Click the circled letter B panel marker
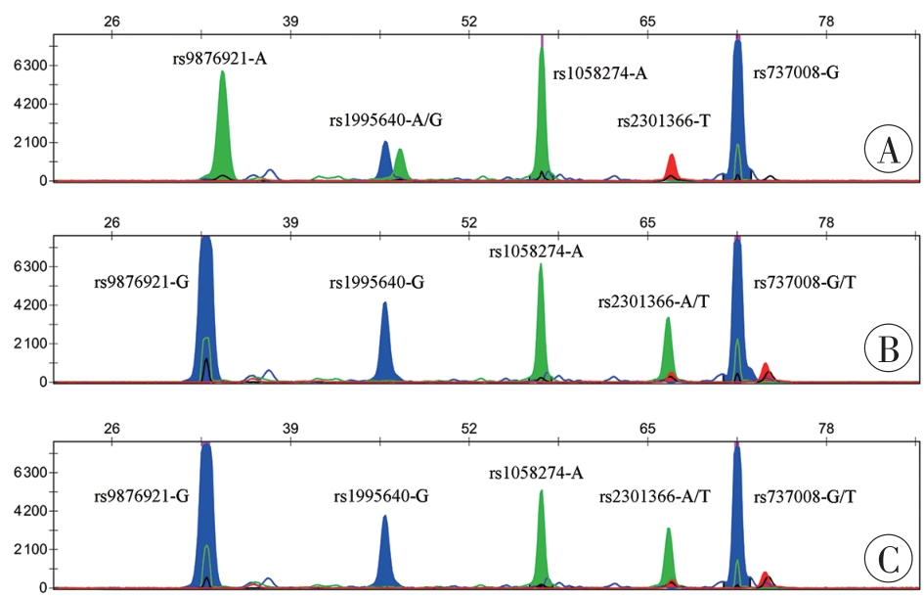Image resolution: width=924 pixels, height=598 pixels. pyautogui.click(x=888, y=349)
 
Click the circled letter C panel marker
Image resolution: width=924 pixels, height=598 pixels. pyautogui.click(x=888, y=559)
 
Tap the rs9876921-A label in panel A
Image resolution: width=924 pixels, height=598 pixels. pyautogui.click(x=219, y=59)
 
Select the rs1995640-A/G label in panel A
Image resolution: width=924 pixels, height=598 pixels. pyautogui.click(x=386, y=121)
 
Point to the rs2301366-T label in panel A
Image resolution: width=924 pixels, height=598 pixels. pyautogui.click(x=663, y=121)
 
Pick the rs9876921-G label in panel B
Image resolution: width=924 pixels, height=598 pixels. pyautogui.click(x=141, y=283)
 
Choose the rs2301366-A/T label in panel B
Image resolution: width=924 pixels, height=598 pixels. pyautogui.click(x=654, y=300)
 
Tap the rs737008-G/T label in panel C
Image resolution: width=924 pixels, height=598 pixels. pyautogui.click(x=806, y=497)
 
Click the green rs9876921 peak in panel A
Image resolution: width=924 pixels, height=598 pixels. pyautogui.click(x=223, y=127)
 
